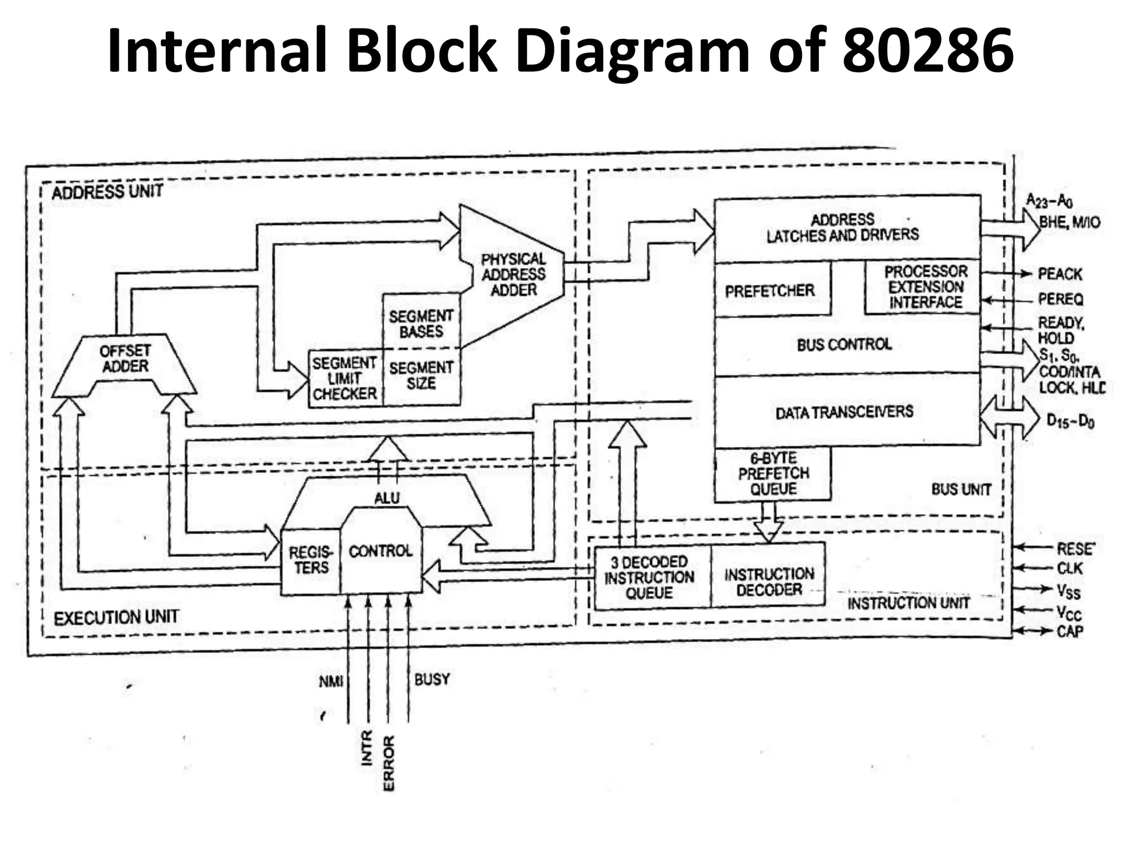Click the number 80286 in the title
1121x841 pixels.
(x=927, y=50)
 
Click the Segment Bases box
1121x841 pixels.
(x=421, y=324)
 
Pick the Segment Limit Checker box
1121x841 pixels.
(x=345, y=378)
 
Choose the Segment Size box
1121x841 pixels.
(x=421, y=376)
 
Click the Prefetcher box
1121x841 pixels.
(x=770, y=291)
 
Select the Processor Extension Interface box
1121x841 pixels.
(x=925, y=287)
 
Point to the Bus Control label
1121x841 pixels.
(x=844, y=345)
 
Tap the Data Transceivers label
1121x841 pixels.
(x=844, y=412)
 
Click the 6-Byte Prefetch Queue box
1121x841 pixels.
(x=773, y=474)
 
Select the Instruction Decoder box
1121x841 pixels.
(x=768, y=582)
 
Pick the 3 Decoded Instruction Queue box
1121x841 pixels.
(x=649, y=578)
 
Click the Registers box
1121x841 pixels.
(x=310, y=560)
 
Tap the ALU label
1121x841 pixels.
(x=386, y=498)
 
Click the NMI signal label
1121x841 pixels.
(x=331, y=682)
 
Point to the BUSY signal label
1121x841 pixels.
(x=432, y=679)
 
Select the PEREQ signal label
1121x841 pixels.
(x=1060, y=299)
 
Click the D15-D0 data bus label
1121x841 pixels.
(x=1070, y=421)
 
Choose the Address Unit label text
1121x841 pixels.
(x=107, y=192)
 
